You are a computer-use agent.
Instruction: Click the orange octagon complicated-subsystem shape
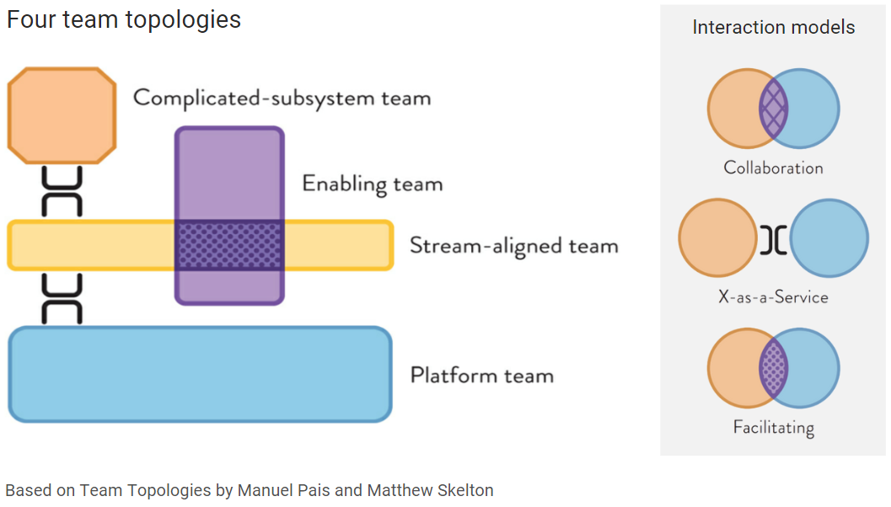point(61,116)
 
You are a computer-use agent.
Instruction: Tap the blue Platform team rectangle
point(200,374)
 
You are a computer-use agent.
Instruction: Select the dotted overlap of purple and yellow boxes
point(229,245)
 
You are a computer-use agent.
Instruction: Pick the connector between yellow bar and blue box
point(62,299)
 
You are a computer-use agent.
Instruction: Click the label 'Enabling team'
point(372,184)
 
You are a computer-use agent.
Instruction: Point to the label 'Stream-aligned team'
point(513,246)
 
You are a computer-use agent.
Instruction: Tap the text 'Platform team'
point(481,375)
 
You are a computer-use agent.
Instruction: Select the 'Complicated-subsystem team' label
point(282,98)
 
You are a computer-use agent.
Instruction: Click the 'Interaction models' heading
point(773,28)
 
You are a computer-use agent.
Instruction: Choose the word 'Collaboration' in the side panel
point(773,168)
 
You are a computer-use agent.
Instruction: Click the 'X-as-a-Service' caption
point(773,297)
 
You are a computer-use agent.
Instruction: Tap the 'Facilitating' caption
point(773,427)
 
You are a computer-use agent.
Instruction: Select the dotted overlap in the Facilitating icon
point(773,368)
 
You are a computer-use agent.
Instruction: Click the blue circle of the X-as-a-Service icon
point(829,239)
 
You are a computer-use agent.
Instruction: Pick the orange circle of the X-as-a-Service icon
point(717,239)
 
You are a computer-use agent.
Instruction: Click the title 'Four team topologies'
point(124,19)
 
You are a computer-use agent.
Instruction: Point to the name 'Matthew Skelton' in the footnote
point(430,490)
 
